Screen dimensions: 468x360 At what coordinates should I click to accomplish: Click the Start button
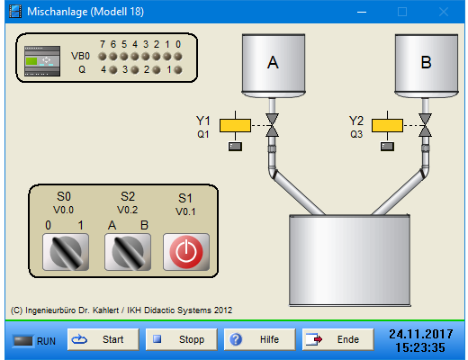point(103,339)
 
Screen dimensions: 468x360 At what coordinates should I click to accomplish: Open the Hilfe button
point(259,339)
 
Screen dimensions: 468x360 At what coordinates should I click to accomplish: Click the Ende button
point(337,339)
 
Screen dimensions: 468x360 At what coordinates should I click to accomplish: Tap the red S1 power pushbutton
point(186,252)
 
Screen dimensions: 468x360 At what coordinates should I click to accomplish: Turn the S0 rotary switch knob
point(66,252)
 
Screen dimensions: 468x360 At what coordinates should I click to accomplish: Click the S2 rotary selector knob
point(128,252)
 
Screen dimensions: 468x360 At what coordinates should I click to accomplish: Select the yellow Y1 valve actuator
point(235,125)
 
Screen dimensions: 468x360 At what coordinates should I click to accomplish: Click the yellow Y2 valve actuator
point(387,125)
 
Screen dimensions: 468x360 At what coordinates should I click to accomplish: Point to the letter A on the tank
point(273,63)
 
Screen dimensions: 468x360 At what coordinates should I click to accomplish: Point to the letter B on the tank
point(426,62)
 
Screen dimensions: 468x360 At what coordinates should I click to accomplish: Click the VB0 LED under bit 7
point(103,56)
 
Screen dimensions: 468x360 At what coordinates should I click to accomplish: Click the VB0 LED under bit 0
point(178,56)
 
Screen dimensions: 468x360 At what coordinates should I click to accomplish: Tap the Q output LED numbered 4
point(113,70)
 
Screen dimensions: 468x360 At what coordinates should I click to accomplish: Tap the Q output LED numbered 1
point(178,70)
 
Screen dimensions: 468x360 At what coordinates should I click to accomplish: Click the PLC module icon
point(42,61)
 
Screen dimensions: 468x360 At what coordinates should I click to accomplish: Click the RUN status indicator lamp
point(22,341)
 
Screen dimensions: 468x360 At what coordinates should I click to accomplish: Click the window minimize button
point(362,12)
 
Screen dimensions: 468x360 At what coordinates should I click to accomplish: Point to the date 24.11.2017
point(421,334)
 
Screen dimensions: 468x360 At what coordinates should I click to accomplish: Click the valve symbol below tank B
point(425,125)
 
